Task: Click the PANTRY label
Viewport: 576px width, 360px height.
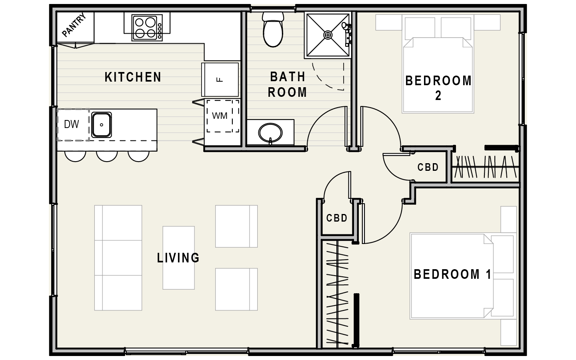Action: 74,25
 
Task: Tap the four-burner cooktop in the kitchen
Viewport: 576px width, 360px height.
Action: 147,28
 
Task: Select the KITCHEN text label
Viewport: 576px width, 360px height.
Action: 133,77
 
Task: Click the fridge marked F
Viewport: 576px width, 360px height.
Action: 220,80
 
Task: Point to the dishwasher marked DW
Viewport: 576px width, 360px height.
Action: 73,125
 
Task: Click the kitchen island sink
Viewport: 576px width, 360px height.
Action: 102,125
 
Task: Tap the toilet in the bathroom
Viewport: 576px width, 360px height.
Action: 273,29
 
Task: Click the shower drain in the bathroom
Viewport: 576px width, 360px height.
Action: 328,35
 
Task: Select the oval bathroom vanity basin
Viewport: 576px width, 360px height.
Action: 270,133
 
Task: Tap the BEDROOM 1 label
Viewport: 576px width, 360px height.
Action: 452,274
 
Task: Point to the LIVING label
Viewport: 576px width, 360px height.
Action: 178,258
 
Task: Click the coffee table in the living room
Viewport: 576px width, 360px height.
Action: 179,258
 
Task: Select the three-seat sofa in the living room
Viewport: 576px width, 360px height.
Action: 118,258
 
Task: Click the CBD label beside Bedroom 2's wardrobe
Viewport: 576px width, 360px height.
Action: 428,167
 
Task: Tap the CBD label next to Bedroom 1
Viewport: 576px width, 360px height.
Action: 337,218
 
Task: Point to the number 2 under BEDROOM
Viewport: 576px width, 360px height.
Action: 438,96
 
